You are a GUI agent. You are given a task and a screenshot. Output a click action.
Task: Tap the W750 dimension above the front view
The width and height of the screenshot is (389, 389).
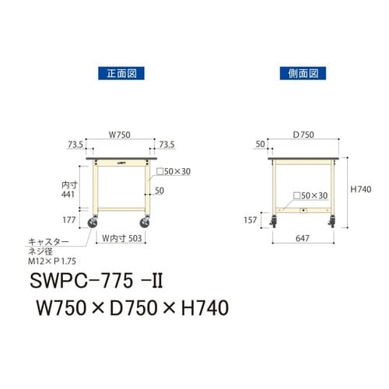(119, 134)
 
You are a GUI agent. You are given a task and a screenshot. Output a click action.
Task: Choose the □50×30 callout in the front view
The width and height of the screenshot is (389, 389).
(172, 172)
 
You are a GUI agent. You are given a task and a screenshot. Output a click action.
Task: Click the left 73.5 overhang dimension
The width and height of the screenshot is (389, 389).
(75, 145)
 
